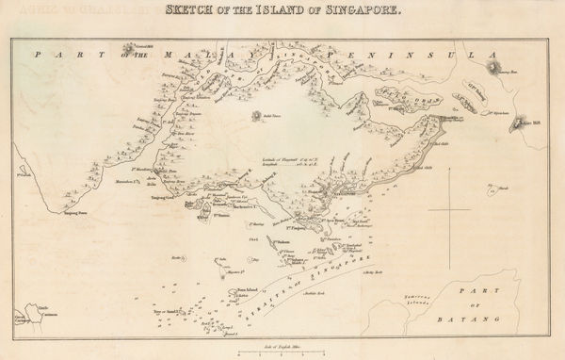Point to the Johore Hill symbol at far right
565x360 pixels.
[x=520, y=123]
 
